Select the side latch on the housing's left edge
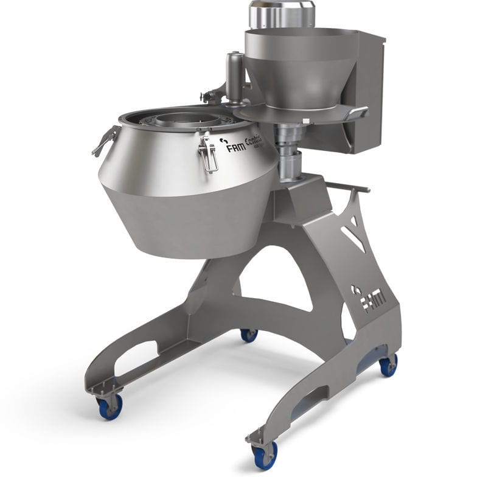click(x=105, y=141)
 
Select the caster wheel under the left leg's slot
click(x=111, y=406)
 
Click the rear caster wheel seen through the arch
click(x=248, y=334)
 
